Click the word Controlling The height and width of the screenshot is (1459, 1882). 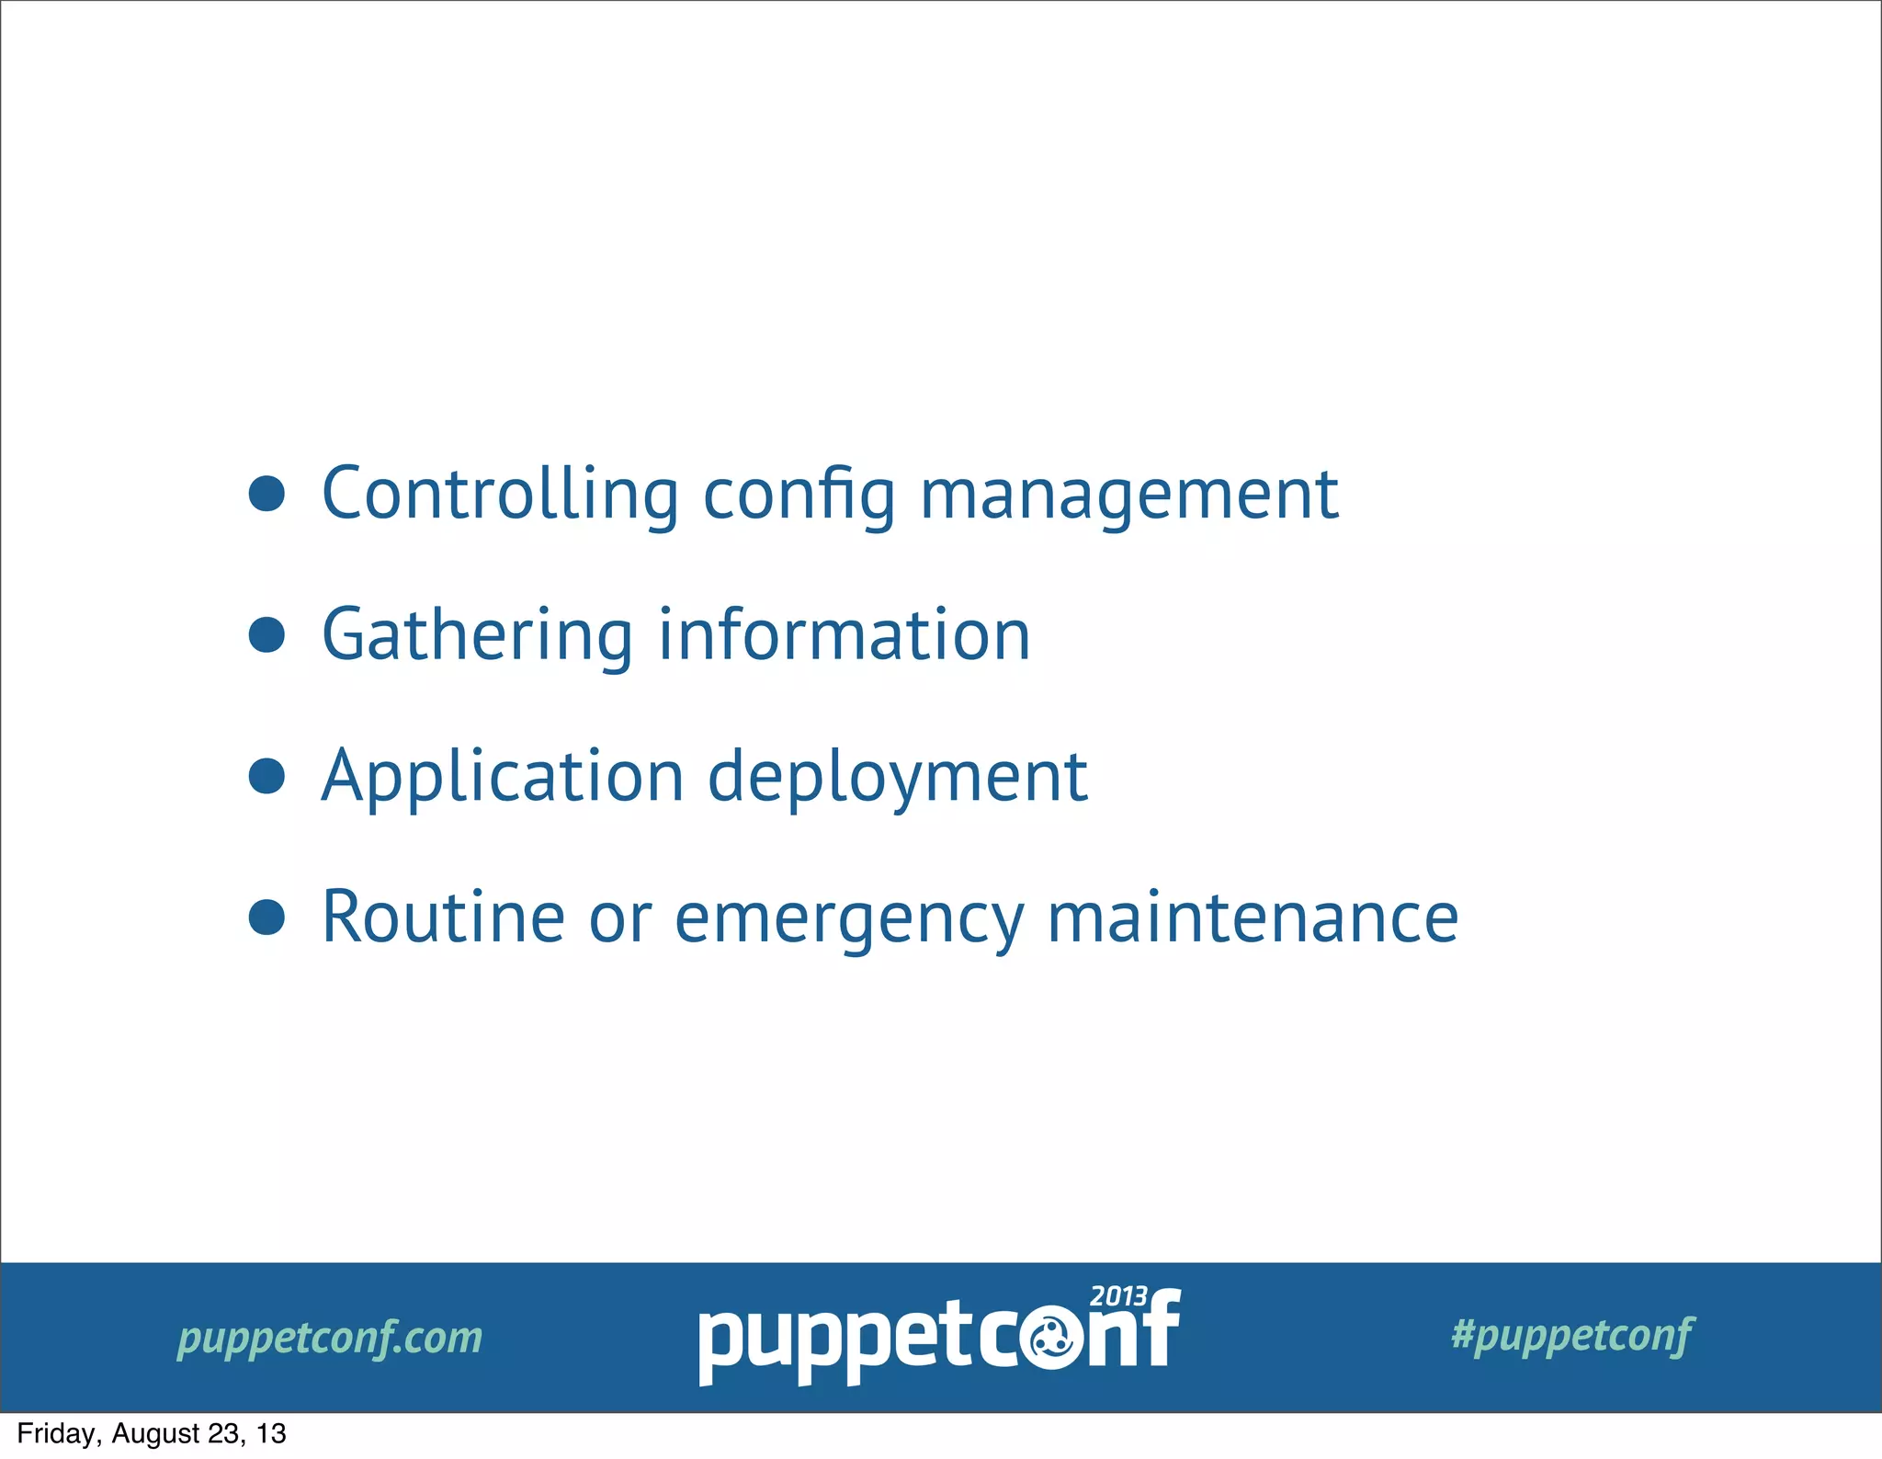tap(500, 495)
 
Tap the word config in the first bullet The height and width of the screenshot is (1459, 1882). tap(799, 496)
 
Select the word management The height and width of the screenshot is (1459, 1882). tap(1128, 496)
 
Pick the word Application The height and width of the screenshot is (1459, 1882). tap(503, 778)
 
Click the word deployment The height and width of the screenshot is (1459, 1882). tap(897, 778)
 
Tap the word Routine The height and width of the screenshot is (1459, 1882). tap(443, 917)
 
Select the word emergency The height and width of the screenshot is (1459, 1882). tap(849, 919)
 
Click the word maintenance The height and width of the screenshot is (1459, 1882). tap(1253, 917)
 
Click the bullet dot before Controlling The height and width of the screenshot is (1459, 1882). tap(266, 494)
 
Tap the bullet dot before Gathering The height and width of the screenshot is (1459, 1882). tap(266, 634)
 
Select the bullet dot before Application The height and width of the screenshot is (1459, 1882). tap(266, 776)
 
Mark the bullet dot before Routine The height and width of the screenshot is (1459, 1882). tap(266, 917)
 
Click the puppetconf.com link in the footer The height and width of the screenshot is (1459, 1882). tap(330, 1338)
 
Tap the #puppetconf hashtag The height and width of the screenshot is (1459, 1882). tap(1572, 1335)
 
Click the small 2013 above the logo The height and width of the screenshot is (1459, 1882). tap(1118, 1296)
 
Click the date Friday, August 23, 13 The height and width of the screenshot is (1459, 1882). tap(152, 1433)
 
